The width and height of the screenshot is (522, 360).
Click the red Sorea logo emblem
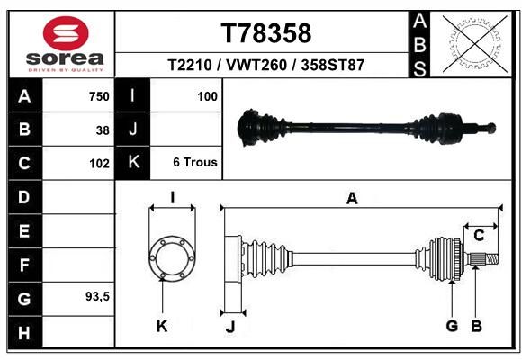[66, 33]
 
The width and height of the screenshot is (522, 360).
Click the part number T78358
[266, 33]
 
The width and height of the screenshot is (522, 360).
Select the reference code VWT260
[256, 65]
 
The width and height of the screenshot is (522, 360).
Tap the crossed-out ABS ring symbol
[475, 43]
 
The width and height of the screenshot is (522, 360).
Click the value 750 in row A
[99, 96]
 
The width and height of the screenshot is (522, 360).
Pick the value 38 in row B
[103, 130]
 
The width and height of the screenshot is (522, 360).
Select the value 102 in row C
[99, 164]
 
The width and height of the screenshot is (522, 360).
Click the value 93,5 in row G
[97, 296]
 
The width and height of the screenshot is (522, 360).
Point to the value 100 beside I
[207, 96]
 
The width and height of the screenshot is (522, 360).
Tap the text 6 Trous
[195, 162]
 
